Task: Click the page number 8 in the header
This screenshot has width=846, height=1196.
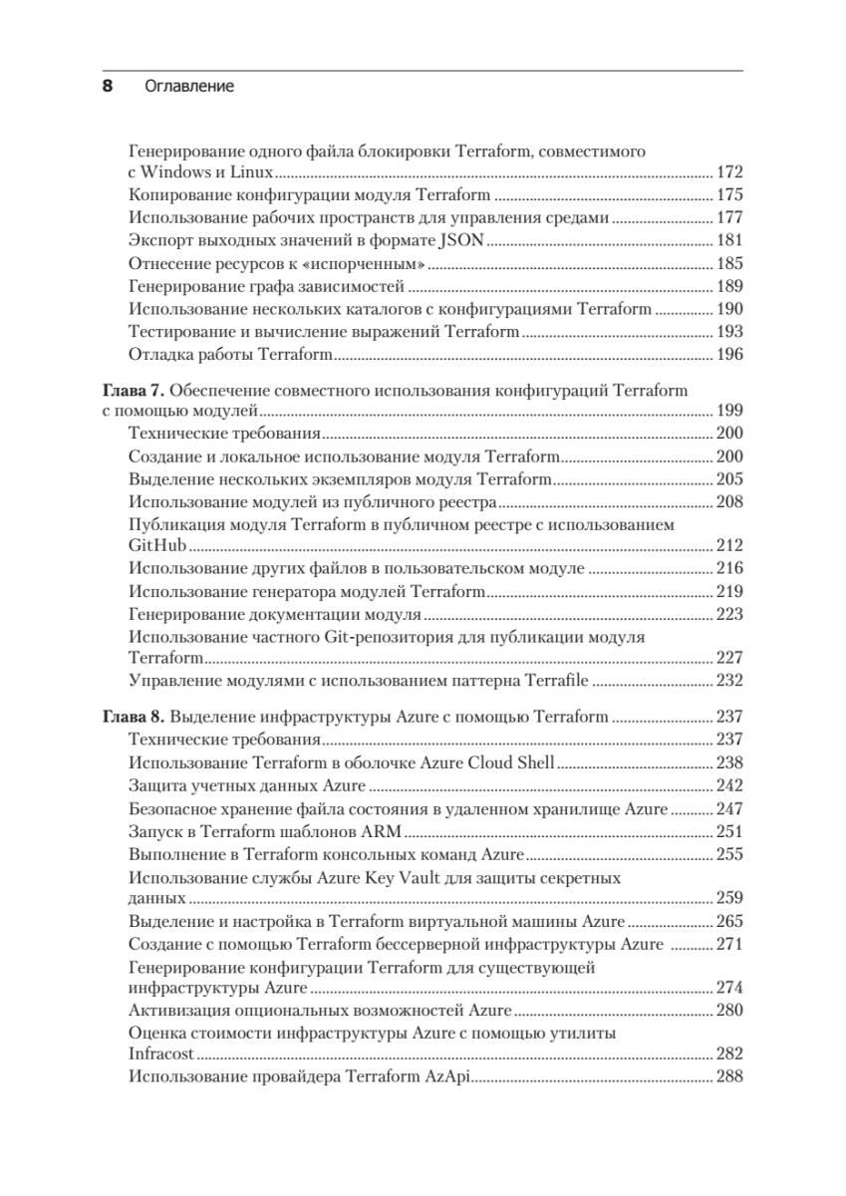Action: pos(109,87)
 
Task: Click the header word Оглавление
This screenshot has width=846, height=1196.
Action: pos(189,87)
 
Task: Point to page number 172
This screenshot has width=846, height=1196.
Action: pos(730,173)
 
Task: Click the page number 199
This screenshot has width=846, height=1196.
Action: pos(730,411)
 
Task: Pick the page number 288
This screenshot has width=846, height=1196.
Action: pos(730,1076)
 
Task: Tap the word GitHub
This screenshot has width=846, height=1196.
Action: pos(158,546)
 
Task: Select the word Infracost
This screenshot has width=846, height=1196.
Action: pos(162,1053)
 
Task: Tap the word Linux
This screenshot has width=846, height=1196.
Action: pos(253,173)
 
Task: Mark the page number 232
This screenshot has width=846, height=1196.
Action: pos(730,682)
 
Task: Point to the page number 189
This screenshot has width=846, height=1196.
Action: pos(730,287)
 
